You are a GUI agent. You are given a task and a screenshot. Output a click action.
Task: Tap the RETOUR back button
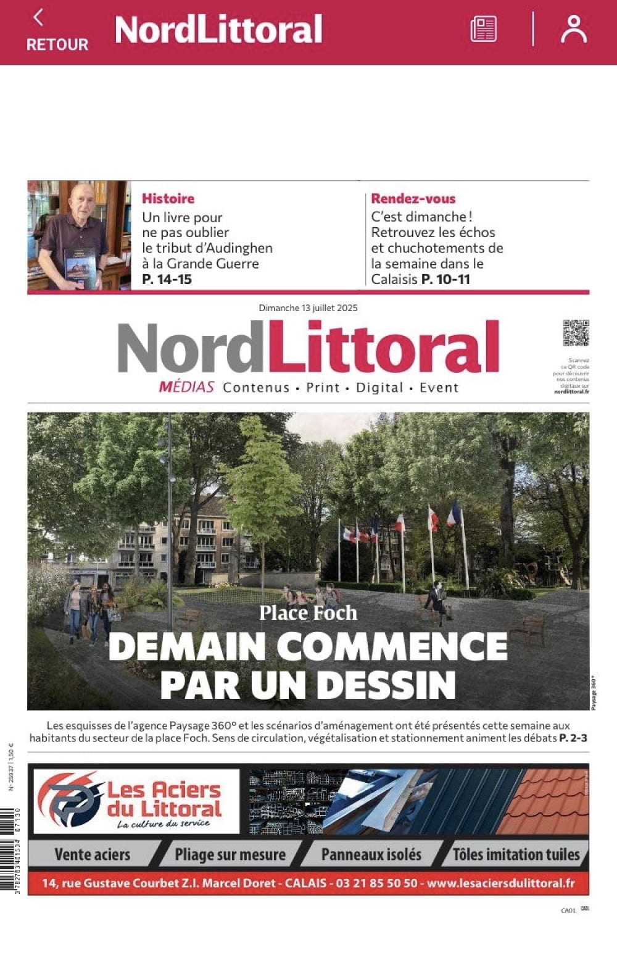click(57, 31)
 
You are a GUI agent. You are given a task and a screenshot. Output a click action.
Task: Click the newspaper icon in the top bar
click(483, 29)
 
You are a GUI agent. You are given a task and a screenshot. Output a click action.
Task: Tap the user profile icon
click(573, 29)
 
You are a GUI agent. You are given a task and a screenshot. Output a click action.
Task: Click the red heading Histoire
click(168, 199)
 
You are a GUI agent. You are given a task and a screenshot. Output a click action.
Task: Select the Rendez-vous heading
click(413, 199)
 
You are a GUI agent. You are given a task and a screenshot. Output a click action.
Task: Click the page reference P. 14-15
click(167, 279)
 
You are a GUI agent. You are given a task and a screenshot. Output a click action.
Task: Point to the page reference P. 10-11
click(445, 279)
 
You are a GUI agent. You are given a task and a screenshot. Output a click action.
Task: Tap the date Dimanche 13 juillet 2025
click(308, 308)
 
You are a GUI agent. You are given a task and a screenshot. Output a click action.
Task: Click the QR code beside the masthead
click(576, 333)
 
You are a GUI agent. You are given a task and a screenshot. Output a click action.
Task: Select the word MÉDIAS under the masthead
click(186, 388)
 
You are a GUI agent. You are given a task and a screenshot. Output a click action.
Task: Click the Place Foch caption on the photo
click(308, 613)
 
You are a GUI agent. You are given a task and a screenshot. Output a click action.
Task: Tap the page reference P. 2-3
click(573, 738)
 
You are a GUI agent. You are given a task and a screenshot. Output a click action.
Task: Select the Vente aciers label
click(93, 855)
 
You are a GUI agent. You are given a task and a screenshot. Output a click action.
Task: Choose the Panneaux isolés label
click(371, 855)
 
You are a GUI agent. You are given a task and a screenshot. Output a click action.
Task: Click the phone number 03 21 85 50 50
click(376, 883)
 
